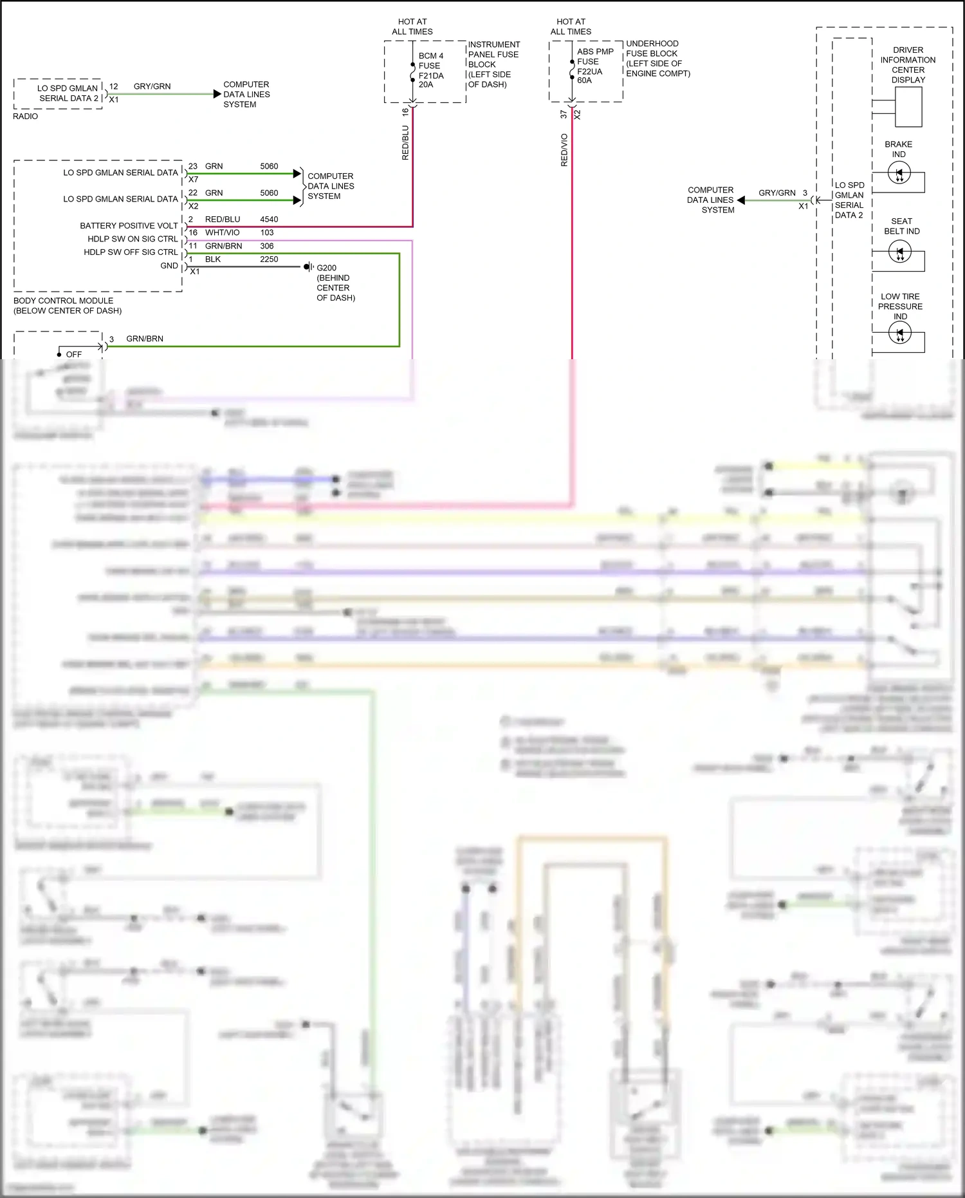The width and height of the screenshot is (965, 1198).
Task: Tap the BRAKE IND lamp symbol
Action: (x=899, y=173)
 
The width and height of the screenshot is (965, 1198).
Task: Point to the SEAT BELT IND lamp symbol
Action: (x=899, y=252)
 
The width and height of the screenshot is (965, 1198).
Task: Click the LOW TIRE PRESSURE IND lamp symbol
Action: (x=899, y=333)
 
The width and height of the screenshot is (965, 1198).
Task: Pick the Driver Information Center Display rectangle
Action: (x=908, y=106)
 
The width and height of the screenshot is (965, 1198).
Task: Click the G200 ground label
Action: (x=326, y=268)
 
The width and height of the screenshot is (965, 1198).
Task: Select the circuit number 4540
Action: (x=269, y=220)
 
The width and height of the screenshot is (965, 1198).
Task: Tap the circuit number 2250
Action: (x=269, y=259)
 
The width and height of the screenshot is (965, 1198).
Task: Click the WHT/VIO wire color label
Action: (x=222, y=232)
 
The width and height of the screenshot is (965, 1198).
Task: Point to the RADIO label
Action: (x=26, y=117)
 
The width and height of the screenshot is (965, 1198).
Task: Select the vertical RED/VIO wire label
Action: (x=564, y=150)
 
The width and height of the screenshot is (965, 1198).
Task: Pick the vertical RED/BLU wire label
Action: (x=405, y=142)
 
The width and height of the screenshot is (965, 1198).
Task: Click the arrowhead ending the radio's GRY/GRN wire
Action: (x=217, y=94)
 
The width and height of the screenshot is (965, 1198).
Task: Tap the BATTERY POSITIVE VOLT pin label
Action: (x=129, y=226)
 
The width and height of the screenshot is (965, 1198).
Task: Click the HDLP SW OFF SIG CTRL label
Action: (x=131, y=252)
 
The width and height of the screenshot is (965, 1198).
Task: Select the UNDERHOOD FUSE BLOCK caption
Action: (x=657, y=59)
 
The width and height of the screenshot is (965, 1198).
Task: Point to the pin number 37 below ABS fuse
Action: (x=564, y=114)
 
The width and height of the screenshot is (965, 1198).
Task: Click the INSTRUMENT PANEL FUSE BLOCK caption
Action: (x=493, y=64)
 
